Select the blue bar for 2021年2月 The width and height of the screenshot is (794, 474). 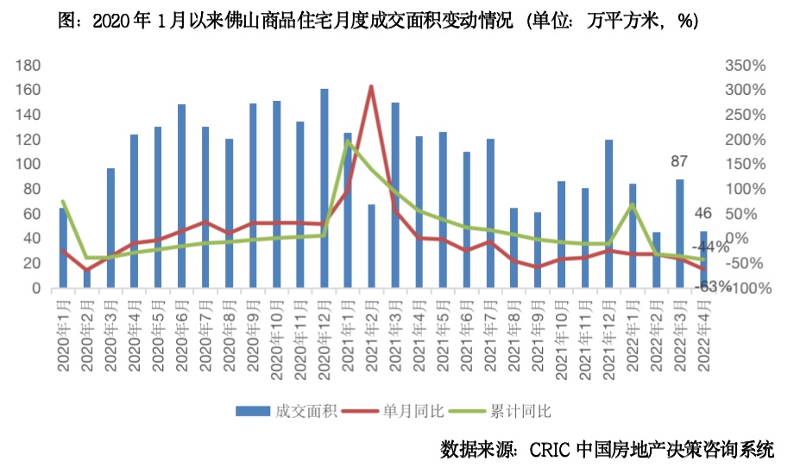click(348, 246)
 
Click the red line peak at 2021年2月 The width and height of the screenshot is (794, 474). click(371, 86)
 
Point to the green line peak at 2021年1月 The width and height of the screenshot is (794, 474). click(347, 141)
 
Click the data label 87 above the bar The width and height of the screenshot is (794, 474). click(681, 162)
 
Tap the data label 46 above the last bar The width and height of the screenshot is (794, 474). click(704, 213)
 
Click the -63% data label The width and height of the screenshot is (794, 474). click(713, 284)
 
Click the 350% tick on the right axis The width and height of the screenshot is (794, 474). click(746, 65)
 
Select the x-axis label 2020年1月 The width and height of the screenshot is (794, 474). click(62, 336)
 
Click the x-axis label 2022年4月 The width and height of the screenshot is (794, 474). click(703, 336)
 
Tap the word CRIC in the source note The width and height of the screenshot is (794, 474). click(550, 450)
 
